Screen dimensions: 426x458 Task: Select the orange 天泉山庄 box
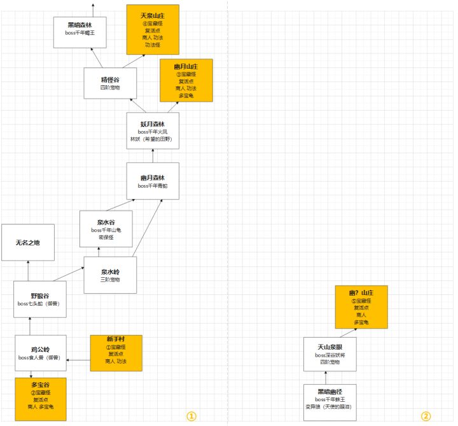click(153, 29)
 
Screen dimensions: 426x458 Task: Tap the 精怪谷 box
click(110, 83)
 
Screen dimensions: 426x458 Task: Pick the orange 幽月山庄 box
click(186, 81)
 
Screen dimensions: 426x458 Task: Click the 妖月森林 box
click(153, 131)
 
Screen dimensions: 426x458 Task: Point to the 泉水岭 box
click(110, 275)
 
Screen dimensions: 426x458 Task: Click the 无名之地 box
click(27, 242)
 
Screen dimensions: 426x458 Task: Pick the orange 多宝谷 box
click(41, 399)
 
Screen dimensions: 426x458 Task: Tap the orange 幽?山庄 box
click(361, 307)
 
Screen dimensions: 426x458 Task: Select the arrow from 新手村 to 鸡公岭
click(78, 360)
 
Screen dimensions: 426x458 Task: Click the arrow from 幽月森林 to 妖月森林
click(153, 156)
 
